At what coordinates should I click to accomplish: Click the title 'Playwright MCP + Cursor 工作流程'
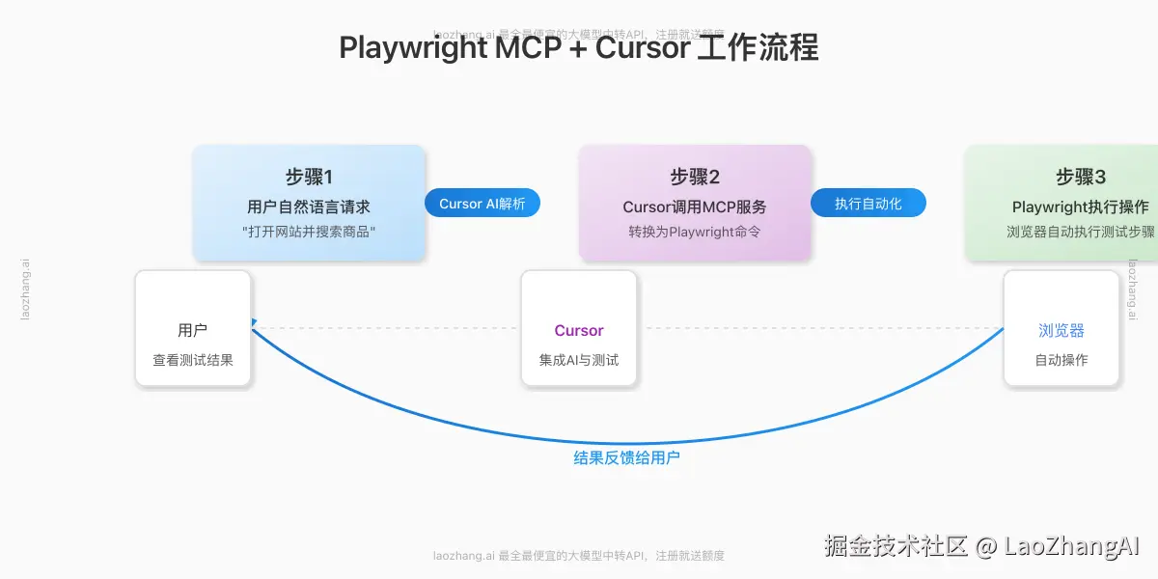tap(579, 47)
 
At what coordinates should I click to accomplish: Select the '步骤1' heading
tap(309, 177)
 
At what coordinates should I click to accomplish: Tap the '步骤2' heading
tap(695, 177)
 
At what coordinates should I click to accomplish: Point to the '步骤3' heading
tap(1081, 177)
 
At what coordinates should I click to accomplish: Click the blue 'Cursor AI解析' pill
tap(482, 204)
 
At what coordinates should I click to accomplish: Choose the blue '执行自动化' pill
tap(868, 204)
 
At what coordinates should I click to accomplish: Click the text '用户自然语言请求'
tap(309, 207)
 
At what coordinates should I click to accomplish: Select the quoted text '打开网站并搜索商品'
tap(309, 232)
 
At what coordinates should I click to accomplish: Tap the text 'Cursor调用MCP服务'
tap(695, 207)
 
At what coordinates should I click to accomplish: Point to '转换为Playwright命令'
tap(695, 232)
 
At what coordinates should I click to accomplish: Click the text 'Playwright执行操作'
tap(1081, 207)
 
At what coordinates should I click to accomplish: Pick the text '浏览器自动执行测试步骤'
tap(1081, 232)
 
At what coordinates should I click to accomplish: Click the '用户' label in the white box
tap(193, 330)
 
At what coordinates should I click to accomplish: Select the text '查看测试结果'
tap(193, 360)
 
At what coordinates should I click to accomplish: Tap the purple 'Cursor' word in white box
tap(579, 330)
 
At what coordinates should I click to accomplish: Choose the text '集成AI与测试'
tap(579, 360)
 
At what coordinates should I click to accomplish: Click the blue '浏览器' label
tap(1061, 330)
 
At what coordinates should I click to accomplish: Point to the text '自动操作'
tap(1061, 360)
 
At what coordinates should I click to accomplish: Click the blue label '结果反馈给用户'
tap(627, 457)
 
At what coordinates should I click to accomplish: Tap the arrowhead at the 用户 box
tap(254, 322)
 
